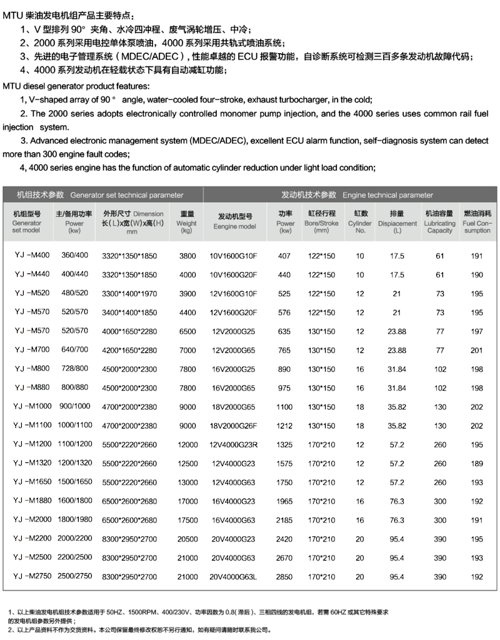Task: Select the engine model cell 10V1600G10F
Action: tap(234, 256)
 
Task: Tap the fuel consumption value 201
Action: tap(477, 350)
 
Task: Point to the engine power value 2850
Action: tap(284, 577)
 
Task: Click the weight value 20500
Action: tap(187, 539)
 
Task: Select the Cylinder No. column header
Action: tap(360, 222)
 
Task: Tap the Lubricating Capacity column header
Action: tap(440, 222)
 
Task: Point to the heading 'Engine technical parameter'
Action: tap(352, 195)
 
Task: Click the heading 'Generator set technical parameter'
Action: tap(100, 195)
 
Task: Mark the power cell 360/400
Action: tap(74, 256)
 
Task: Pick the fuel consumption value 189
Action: tap(477, 464)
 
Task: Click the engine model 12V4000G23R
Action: tap(234, 445)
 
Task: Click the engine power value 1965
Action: tap(284, 501)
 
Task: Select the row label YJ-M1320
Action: tap(29, 464)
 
